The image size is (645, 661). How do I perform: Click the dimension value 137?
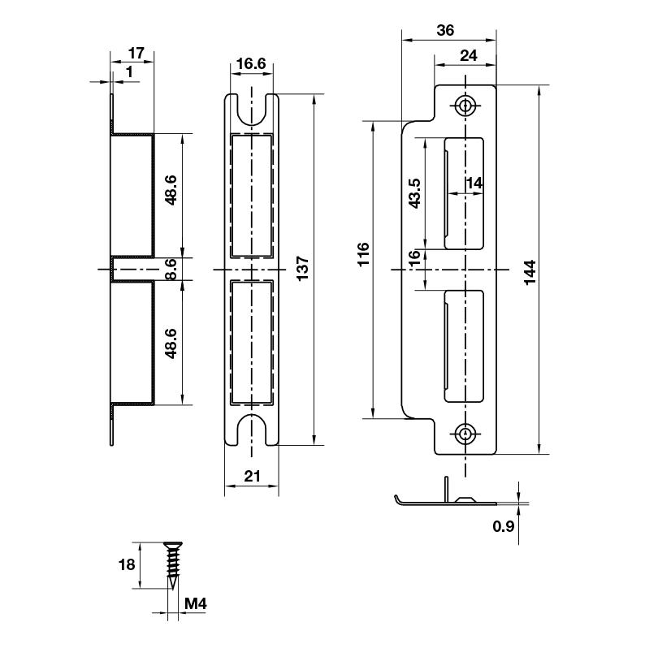[301, 269]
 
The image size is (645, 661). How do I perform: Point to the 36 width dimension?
[445, 30]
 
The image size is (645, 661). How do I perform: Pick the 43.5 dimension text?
[414, 192]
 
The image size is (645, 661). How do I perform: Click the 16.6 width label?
[252, 63]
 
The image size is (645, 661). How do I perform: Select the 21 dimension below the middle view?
[252, 477]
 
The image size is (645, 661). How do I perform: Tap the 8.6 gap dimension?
[171, 269]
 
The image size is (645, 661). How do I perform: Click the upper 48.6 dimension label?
[171, 192]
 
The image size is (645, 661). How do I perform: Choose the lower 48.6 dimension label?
[171, 345]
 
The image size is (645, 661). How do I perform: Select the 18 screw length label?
[126, 565]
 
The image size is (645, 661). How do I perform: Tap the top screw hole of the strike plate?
[465, 106]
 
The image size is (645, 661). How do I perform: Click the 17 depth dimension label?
[136, 54]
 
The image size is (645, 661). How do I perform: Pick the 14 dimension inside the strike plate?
[474, 184]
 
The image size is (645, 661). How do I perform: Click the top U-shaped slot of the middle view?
[252, 111]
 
